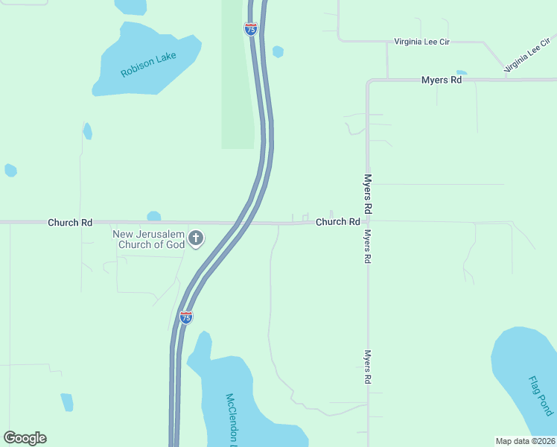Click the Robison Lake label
tap(148, 64)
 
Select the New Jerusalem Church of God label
tap(148, 239)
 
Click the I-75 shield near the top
tap(251, 29)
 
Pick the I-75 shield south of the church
tap(186, 317)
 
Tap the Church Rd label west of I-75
tap(70, 222)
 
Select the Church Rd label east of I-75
tap(337, 222)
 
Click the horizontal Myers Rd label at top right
tap(441, 80)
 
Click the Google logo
tap(25, 438)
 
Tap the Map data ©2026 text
tap(525, 441)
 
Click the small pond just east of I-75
tap(278, 51)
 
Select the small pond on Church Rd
tap(154, 216)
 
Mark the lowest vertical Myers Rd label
tap(368, 367)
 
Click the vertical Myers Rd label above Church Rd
tap(368, 191)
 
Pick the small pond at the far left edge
tap(10, 170)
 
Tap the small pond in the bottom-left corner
tap(67, 402)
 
